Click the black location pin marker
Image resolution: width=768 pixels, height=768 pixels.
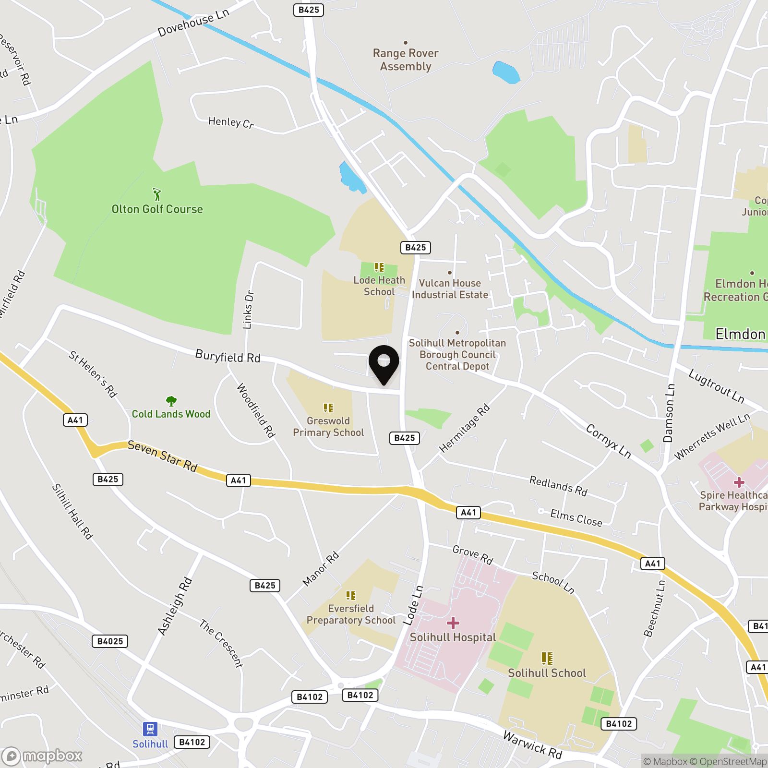point(384,363)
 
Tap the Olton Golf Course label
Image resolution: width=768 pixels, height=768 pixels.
point(157,209)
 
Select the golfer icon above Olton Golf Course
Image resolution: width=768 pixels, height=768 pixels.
point(157,194)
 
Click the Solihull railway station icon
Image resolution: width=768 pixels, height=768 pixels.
point(150,729)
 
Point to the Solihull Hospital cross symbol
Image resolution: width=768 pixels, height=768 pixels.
point(453,623)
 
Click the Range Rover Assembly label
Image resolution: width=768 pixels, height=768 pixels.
point(406,60)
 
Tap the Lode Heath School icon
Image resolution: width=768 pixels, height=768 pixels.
point(379,267)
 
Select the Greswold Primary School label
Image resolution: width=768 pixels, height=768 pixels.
point(328,427)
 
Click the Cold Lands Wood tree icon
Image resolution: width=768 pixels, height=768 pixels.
point(171,401)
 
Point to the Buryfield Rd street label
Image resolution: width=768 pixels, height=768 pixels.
point(228,357)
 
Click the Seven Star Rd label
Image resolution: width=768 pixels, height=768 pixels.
point(162,456)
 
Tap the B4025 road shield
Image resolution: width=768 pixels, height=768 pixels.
point(110,641)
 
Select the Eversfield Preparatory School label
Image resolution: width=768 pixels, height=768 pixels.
point(351,614)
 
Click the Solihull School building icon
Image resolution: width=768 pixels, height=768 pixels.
point(547,658)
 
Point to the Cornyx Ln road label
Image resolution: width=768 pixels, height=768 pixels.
point(608,441)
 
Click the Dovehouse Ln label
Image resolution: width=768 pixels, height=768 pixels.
point(193,22)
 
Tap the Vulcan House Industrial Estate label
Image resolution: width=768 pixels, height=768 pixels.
point(450,289)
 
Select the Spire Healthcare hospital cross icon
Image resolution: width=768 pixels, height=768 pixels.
point(739,482)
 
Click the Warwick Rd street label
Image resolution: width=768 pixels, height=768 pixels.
point(532,744)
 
